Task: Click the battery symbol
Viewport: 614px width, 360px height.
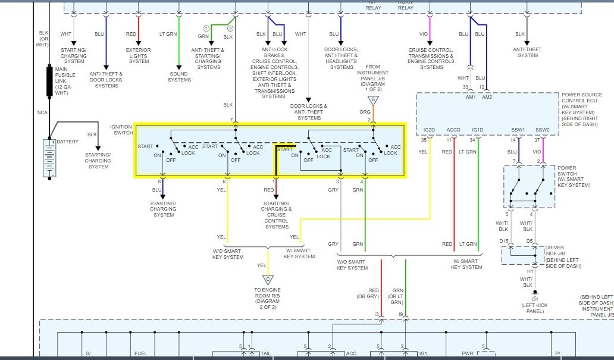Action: pyautogui.click(x=49, y=158)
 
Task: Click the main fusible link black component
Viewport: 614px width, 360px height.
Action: pyautogui.click(x=50, y=82)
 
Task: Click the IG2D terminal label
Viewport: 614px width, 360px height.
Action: pyautogui.click(x=429, y=130)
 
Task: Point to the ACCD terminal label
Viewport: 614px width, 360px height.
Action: pyautogui.click(x=453, y=130)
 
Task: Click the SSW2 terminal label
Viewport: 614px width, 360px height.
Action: pyautogui.click(x=542, y=130)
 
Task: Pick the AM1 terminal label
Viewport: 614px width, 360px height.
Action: pyautogui.click(x=470, y=96)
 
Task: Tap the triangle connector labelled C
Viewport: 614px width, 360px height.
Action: pyautogui.click(x=267, y=279)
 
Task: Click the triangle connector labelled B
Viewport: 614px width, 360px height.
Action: pyautogui.click(x=373, y=99)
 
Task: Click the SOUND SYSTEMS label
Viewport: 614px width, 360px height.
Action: pyautogui.click(x=180, y=77)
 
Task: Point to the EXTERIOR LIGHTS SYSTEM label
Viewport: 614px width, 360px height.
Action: pyautogui.click(x=139, y=55)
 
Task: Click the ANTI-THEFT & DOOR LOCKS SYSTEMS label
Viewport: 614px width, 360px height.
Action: pyautogui.click(x=106, y=79)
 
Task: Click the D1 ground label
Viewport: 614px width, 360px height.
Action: pyautogui.click(x=535, y=299)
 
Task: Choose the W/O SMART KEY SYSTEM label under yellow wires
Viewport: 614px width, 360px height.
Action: pyautogui.click(x=228, y=254)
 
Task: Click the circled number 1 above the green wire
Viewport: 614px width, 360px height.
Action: pyautogui.click(x=206, y=29)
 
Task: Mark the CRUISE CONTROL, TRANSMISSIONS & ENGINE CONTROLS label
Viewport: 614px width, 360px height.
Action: pyautogui.click(x=431, y=58)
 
